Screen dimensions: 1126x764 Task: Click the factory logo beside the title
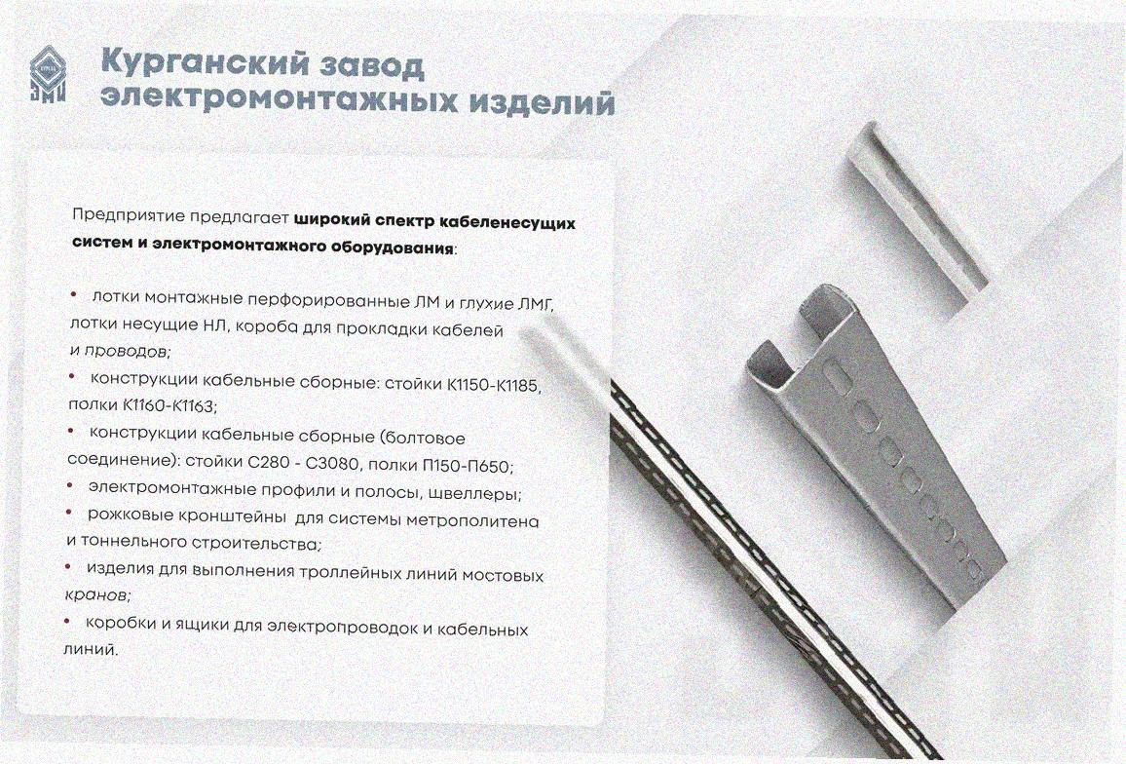pyautogui.click(x=48, y=74)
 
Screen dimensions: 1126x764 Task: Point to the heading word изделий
pyautogui.click(x=543, y=101)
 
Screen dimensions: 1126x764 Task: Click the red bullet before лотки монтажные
pyautogui.click(x=73, y=295)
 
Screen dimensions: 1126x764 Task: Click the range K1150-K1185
pyautogui.click(x=492, y=385)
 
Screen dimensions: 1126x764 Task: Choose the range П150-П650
pyautogui.click(x=466, y=466)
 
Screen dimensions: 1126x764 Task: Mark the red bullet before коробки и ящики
pyautogui.click(x=67, y=620)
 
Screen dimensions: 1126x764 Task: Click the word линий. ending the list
pyautogui.click(x=90, y=649)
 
